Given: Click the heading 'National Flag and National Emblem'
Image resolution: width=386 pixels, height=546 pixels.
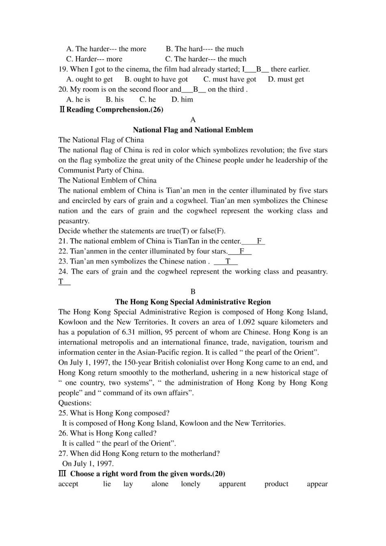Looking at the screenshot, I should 193,130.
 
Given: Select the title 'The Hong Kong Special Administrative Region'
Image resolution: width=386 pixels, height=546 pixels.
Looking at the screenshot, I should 193,302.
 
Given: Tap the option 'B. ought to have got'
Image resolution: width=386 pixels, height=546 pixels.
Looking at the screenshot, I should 156,79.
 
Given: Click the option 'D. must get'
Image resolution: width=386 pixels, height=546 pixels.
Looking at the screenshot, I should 286,79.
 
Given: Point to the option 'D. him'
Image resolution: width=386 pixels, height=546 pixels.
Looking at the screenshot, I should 182,99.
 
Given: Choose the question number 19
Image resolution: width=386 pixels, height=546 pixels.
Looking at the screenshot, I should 63,69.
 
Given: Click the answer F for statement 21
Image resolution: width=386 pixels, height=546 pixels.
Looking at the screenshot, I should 259,241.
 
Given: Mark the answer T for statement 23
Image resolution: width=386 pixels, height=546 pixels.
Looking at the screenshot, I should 228,261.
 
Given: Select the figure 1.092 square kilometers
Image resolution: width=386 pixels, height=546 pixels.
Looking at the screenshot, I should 247,322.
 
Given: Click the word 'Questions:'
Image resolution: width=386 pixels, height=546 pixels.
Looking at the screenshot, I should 75,403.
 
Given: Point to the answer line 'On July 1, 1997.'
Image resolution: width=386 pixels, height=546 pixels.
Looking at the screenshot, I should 88,464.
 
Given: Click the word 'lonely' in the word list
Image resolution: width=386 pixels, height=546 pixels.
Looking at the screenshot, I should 191,484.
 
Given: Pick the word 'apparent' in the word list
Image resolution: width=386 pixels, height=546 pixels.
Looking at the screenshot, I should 232,484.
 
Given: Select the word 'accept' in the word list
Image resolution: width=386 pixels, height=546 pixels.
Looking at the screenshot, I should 68,484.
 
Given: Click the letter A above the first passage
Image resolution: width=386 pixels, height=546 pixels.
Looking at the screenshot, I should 193,120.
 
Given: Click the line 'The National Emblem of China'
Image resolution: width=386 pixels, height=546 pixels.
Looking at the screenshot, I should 107,180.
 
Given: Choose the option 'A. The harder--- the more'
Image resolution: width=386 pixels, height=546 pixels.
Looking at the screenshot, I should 106,49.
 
